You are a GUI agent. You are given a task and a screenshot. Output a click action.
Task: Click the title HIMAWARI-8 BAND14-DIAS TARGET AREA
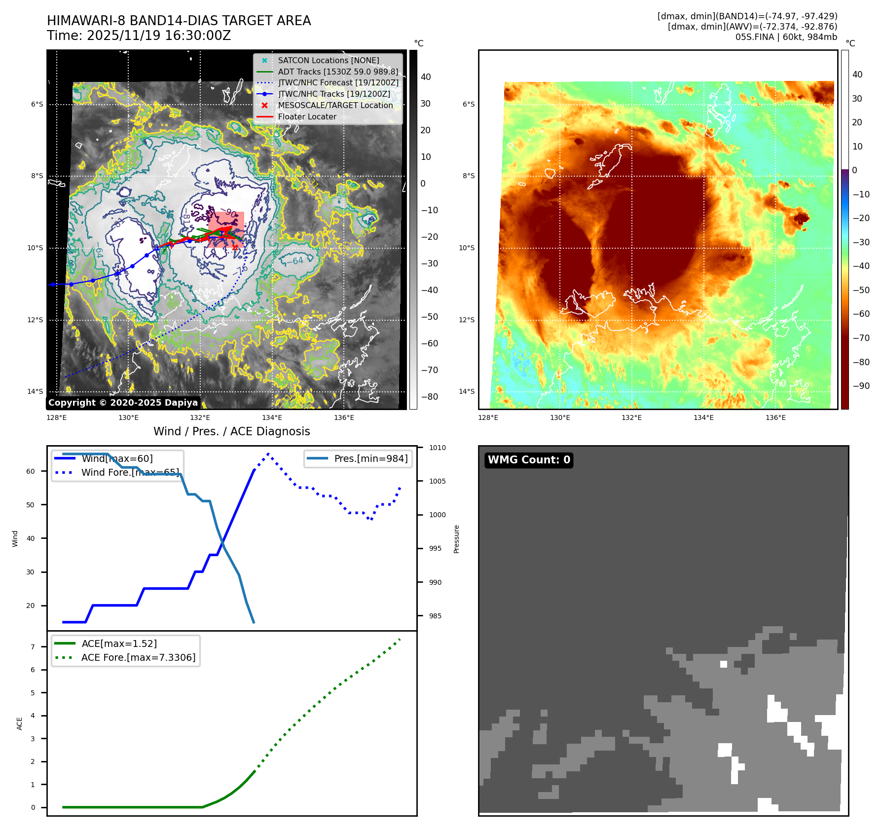(x=179, y=21)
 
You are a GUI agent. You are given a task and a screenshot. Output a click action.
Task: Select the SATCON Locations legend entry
(x=328, y=60)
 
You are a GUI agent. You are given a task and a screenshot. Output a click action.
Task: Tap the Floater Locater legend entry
(x=307, y=116)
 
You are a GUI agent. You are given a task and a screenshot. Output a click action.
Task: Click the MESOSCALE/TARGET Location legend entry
(x=335, y=105)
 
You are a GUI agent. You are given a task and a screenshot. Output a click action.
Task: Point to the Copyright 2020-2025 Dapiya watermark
(x=123, y=403)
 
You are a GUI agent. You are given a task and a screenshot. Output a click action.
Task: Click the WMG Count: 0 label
(x=529, y=460)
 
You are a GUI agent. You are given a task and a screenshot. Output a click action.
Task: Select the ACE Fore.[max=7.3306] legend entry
(x=138, y=657)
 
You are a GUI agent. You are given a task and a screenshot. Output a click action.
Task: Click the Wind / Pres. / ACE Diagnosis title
(x=231, y=431)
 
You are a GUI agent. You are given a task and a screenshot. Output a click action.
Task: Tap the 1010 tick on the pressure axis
(x=437, y=448)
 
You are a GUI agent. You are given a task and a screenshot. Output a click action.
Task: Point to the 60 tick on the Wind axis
(x=31, y=471)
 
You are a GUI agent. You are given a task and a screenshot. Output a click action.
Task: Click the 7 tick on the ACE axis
(x=33, y=647)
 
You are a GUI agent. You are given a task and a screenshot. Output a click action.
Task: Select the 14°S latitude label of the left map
(x=35, y=391)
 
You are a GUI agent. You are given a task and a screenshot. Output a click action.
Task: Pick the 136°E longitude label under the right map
(x=775, y=417)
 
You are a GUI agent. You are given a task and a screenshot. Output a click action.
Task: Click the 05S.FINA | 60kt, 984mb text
(x=786, y=37)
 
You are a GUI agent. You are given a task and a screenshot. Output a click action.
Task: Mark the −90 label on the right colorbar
(x=861, y=386)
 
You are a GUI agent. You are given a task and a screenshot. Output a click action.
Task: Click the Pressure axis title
(x=456, y=539)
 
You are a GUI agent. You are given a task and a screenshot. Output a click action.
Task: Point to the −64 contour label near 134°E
(x=297, y=260)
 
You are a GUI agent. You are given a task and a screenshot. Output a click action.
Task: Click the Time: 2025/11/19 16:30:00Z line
(x=139, y=36)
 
